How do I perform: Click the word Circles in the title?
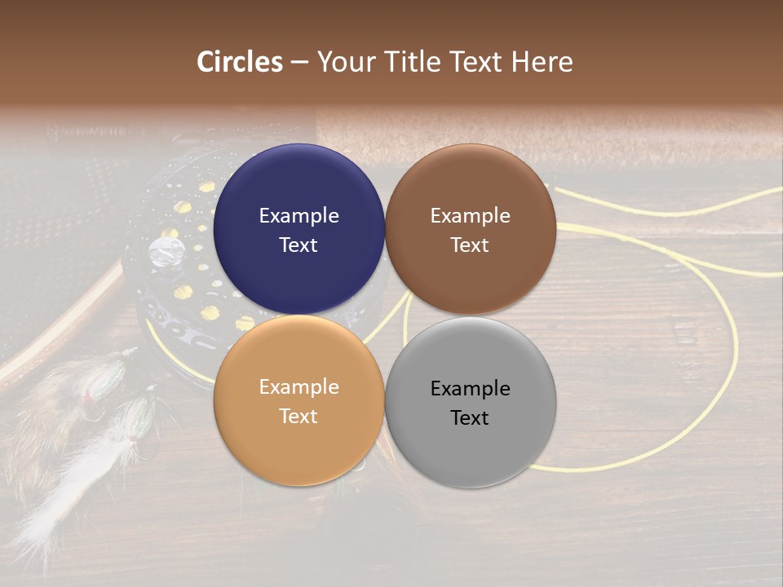pyautogui.click(x=240, y=62)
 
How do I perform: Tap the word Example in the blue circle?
pyautogui.click(x=299, y=216)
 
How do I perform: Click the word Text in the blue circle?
pyautogui.click(x=299, y=245)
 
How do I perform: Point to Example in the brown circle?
pyautogui.click(x=471, y=216)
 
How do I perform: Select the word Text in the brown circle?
pyautogui.click(x=471, y=245)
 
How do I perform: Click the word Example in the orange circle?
pyautogui.click(x=299, y=387)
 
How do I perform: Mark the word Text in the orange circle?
pyautogui.click(x=299, y=417)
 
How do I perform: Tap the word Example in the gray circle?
pyautogui.click(x=471, y=389)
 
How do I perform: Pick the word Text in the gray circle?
pyautogui.click(x=471, y=418)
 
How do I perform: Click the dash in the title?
pyautogui.click(x=299, y=63)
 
